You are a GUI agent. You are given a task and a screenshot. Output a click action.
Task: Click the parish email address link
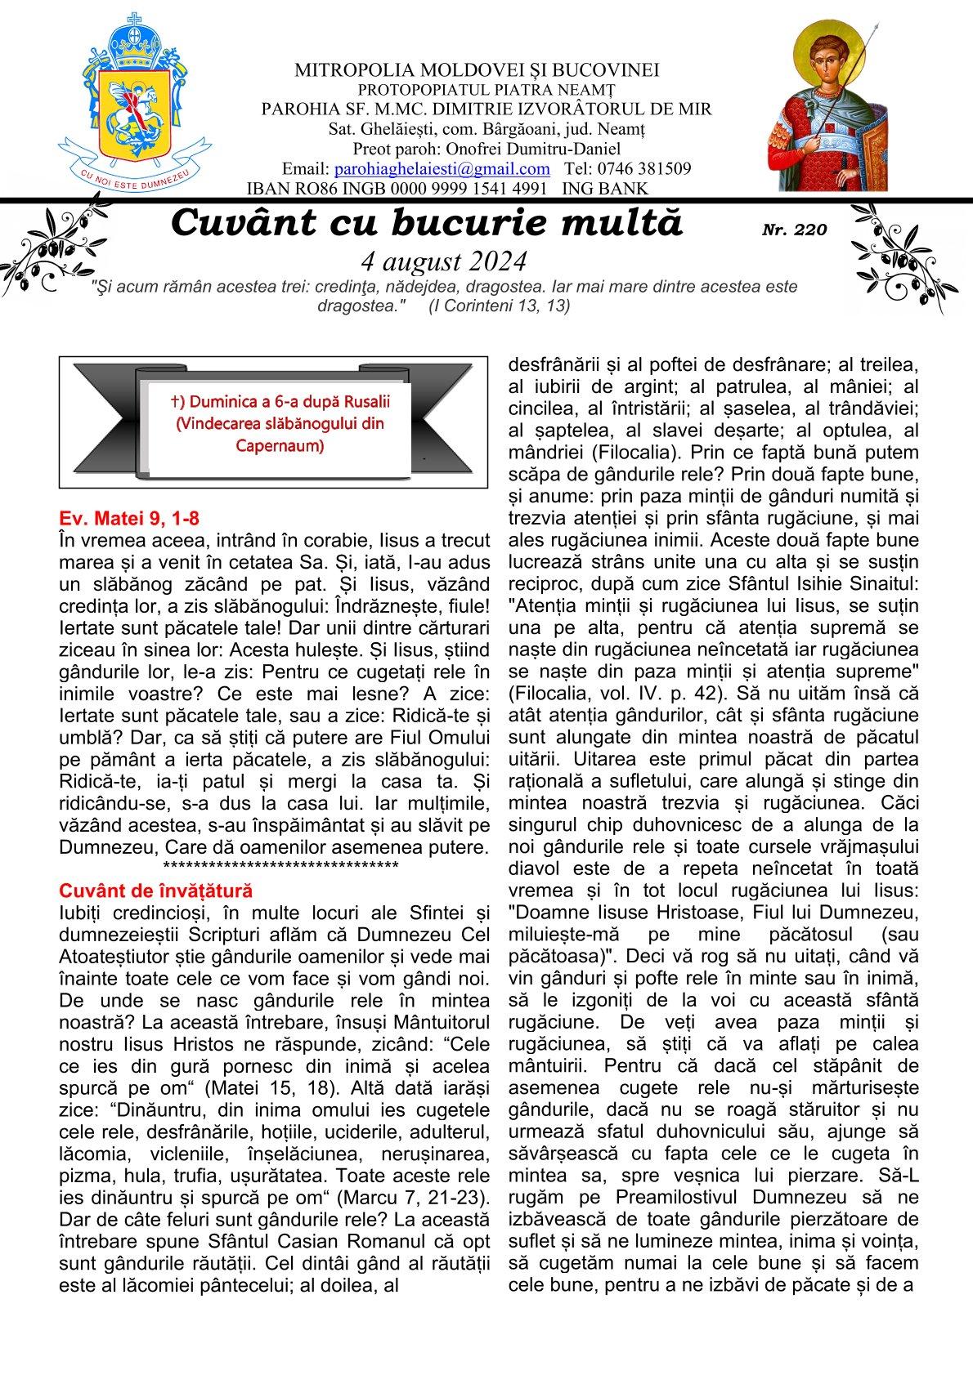click(442, 169)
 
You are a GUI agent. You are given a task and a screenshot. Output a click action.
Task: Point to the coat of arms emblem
click(131, 98)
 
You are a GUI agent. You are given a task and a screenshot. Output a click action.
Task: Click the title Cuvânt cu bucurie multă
click(427, 223)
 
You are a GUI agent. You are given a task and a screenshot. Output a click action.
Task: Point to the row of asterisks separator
click(280, 867)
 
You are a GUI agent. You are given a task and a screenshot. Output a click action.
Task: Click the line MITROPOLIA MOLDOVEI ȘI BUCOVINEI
click(478, 70)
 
